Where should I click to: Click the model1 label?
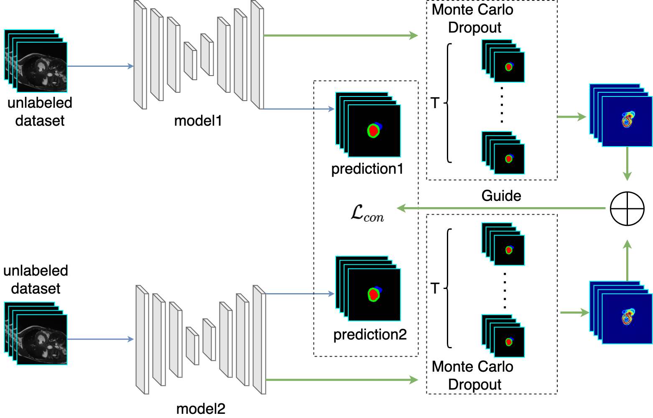[198, 121]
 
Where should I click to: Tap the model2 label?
[201, 409]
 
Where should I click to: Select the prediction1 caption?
[367, 169]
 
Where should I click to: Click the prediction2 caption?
[370, 334]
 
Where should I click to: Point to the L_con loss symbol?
[367, 213]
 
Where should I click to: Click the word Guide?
[501, 196]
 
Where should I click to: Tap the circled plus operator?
[627, 208]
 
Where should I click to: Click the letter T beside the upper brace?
[435, 103]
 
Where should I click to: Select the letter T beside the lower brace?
[435, 289]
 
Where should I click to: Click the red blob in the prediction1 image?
[373, 131]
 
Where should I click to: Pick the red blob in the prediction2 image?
[373, 295]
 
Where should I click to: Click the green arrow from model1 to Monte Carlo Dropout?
[340, 35]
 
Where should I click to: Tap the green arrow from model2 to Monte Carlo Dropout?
[342, 380]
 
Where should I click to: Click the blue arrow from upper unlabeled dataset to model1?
[100, 66]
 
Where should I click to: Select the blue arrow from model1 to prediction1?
[299, 109]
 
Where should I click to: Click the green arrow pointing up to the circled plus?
[627, 261]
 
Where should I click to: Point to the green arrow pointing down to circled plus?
[627, 164]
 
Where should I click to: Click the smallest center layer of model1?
[190, 61]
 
